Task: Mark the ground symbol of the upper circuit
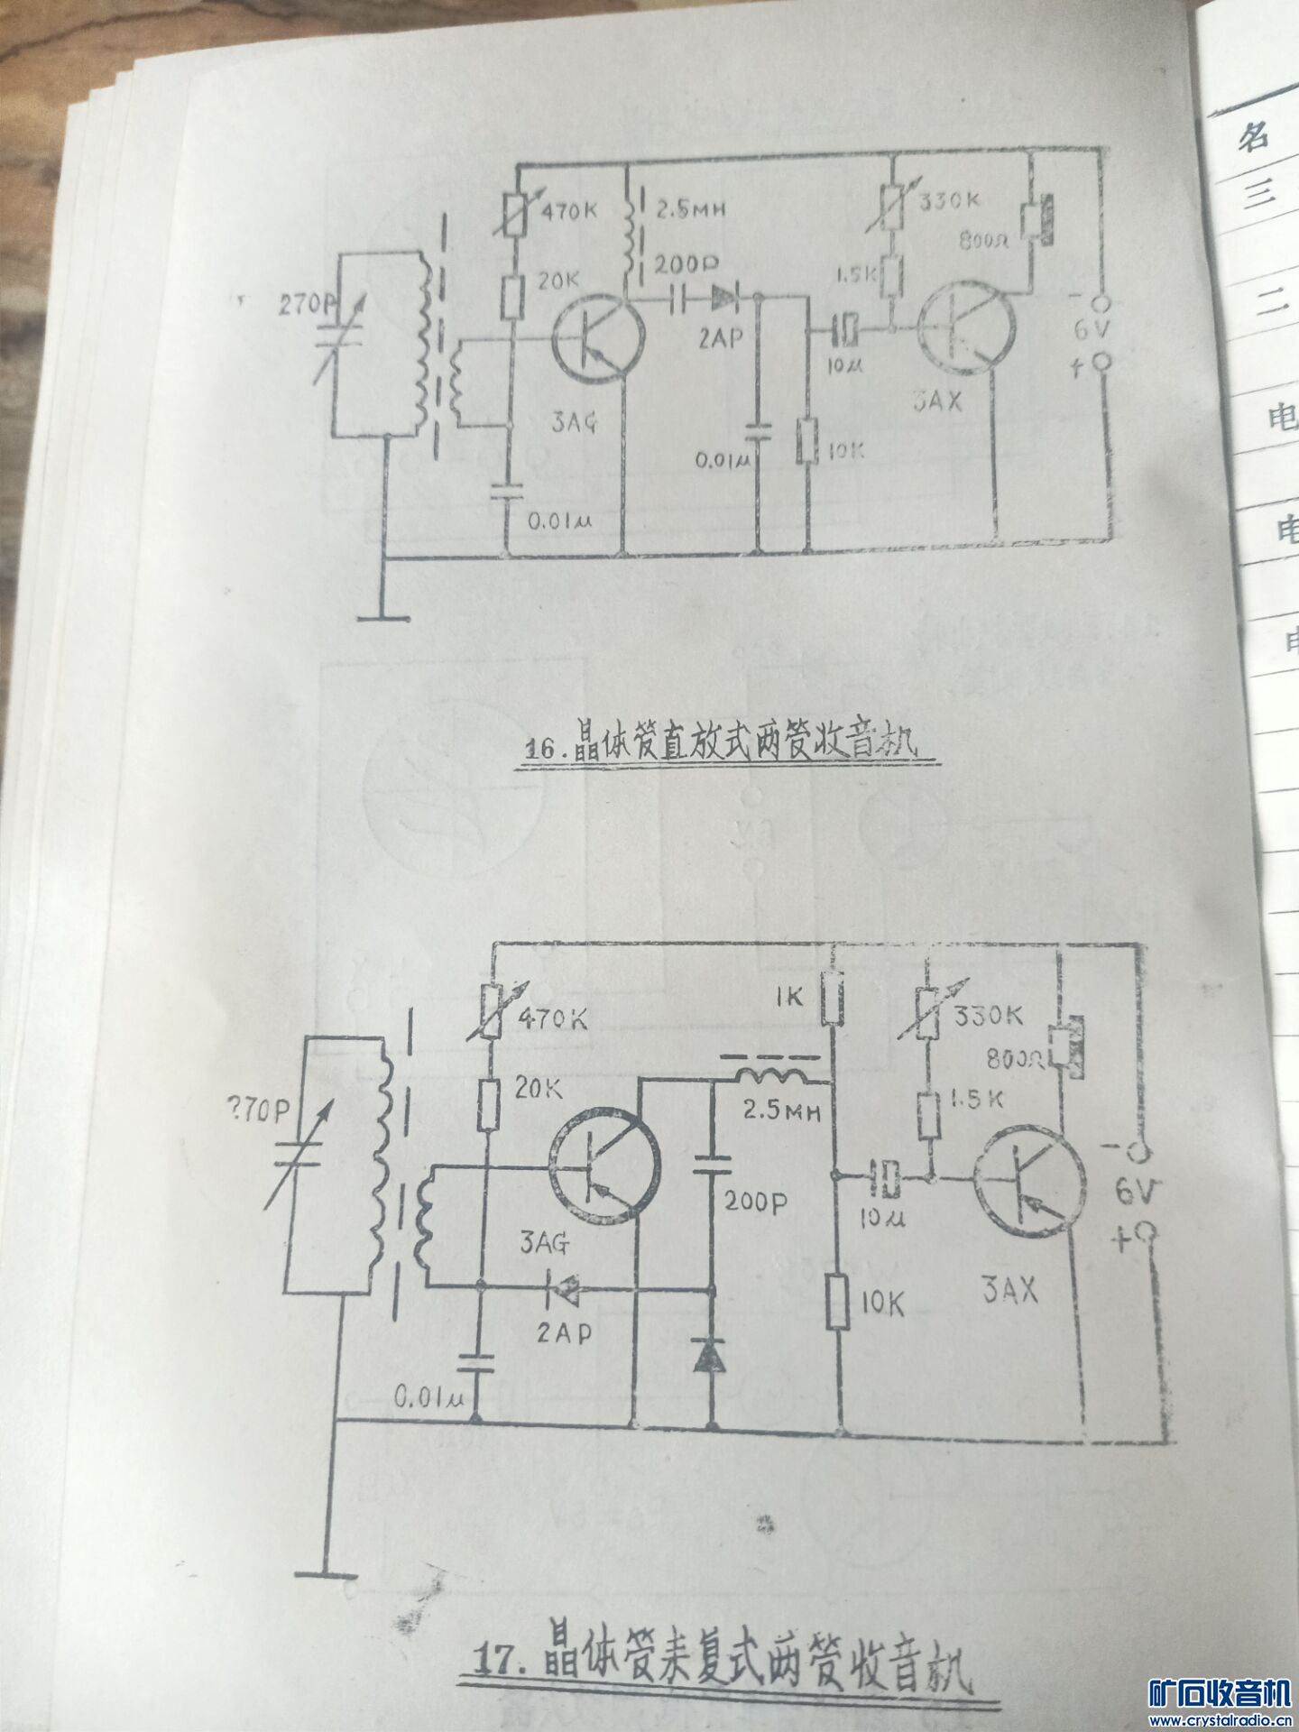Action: click(383, 618)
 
